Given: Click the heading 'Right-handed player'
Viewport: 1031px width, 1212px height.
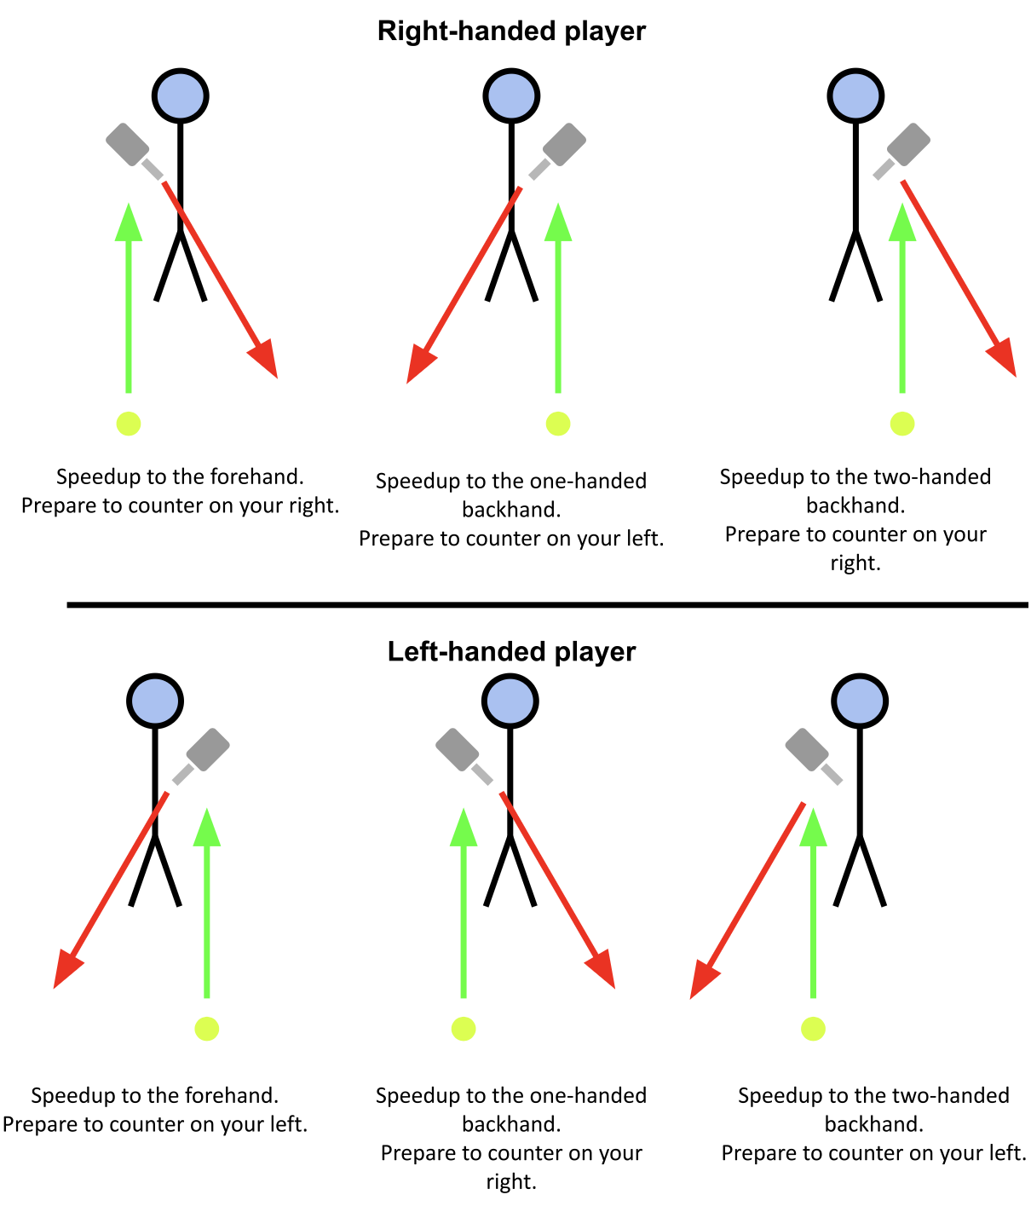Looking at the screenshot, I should tap(511, 32).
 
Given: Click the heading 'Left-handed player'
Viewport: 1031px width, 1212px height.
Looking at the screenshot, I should tap(511, 652).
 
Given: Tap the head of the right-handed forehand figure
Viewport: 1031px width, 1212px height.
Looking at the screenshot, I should tap(180, 95).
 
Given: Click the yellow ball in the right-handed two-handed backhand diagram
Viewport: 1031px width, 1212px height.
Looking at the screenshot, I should tap(901, 424).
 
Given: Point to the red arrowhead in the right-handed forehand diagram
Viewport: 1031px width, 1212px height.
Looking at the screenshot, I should tap(265, 359).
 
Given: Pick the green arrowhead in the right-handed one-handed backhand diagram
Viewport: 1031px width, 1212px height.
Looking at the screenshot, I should tap(558, 223).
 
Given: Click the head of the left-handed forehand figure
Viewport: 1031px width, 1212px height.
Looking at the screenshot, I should tap(154, 701).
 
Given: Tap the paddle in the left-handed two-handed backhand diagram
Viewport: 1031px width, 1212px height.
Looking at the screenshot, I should tap(806, 750).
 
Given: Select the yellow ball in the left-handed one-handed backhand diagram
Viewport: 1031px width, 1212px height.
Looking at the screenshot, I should tap(464, 1029).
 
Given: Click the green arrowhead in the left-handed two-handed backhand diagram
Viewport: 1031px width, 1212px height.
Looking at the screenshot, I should tap(814, 828).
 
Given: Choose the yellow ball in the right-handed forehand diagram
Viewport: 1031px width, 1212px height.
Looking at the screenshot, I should tap(129, 424).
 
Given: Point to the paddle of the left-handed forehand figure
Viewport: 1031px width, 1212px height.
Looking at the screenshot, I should tap(208, 750).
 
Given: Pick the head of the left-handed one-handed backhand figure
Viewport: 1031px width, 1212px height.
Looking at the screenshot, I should tap(510, 701).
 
